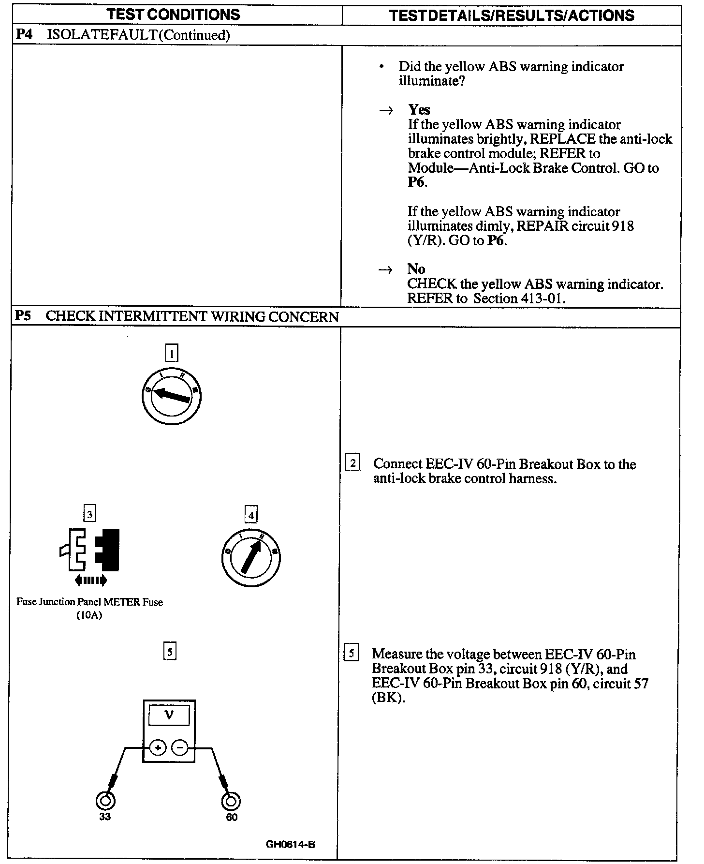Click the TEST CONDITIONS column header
(174, 15)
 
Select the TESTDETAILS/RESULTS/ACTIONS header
(512, 15)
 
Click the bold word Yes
(419, 109)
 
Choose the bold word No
(416, 269)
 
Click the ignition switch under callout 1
(172, 397)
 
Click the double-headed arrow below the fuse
(91, 580)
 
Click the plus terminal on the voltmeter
(158, 748)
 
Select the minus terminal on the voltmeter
(180, 748)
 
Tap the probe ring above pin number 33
(105, 801)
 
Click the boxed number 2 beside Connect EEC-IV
(352, 463)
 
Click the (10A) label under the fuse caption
(89, 615)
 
